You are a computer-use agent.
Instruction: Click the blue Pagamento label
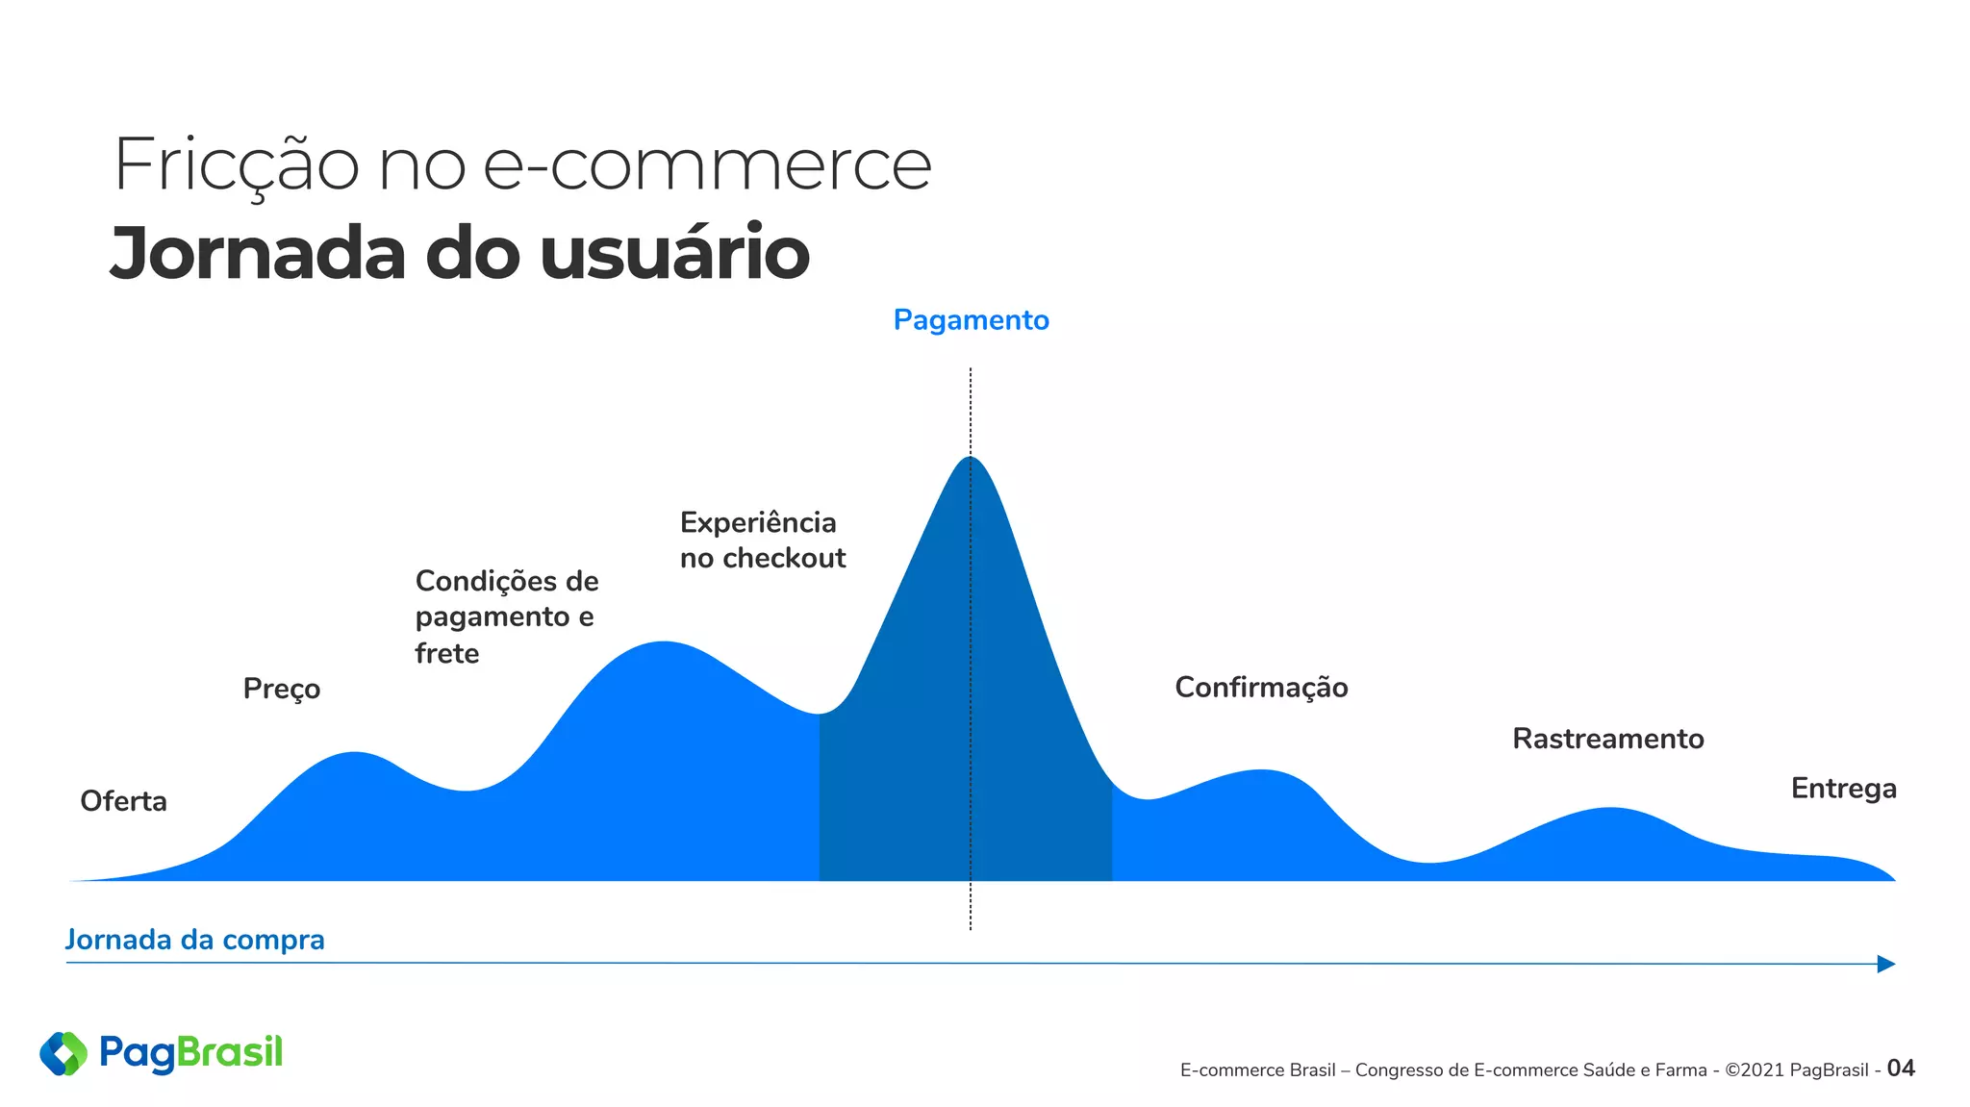click(x=971, y=320)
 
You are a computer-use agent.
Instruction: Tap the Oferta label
click(x=123, y=801)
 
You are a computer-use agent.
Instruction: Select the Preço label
click(x=281, y=689)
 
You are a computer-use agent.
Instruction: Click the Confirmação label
click(x=1261, y=688)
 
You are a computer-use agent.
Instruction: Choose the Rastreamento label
click(x=1607, y=739)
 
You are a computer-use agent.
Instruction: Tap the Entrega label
click(x=1843, y=789)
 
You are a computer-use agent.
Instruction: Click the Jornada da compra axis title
click(x=194, y=940)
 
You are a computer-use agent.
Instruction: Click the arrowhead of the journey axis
click(x=1886, y=964)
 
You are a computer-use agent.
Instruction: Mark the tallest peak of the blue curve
click(x=970, y=460)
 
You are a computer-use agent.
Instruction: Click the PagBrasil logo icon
click(x=63, y=1053)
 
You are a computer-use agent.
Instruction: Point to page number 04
click(x=1901, y=1069)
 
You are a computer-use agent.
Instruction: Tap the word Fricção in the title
click(x=237, y=165)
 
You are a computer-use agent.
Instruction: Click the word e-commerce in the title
click(x=707, y=165)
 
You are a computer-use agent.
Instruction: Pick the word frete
click(x=447, y=654)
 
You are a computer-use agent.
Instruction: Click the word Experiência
click(x=758, y=522)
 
